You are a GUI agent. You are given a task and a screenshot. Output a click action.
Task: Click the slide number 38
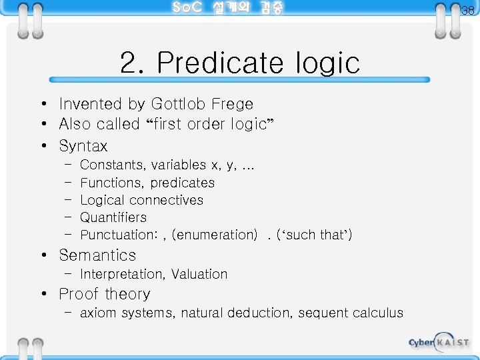[468, 11]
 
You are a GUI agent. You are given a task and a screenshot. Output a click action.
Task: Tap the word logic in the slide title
[326, 63]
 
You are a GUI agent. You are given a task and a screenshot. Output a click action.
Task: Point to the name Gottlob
[177, 104]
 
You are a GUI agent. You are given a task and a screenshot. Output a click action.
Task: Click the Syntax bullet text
[83, 146]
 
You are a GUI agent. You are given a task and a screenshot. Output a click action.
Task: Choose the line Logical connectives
[141, 200]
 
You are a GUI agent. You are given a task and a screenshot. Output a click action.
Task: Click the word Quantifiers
[113, 217]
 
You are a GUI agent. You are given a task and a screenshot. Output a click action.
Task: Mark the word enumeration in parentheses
[216, 235]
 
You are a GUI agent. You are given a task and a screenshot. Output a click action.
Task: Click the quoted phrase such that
[314, 235]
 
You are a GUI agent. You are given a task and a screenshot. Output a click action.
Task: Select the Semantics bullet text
[97, 255]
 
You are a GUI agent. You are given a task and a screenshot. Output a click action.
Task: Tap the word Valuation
[199, 274]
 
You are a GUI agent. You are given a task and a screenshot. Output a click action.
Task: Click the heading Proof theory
[105, 294]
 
